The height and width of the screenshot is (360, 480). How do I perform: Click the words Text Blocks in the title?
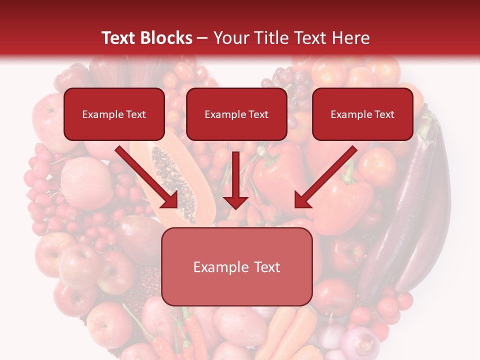[146, 38]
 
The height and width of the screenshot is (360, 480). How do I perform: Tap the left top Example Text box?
[114, 114]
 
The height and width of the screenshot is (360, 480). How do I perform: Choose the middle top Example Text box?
[236, 114]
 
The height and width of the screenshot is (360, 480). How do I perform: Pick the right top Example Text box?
[362, 114]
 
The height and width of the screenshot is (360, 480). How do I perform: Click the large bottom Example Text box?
[236, 267]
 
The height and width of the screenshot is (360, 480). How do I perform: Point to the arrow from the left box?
[147, 177]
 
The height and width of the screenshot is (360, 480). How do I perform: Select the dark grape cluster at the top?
[292, 82]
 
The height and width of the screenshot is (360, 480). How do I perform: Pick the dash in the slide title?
[202, 38]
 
